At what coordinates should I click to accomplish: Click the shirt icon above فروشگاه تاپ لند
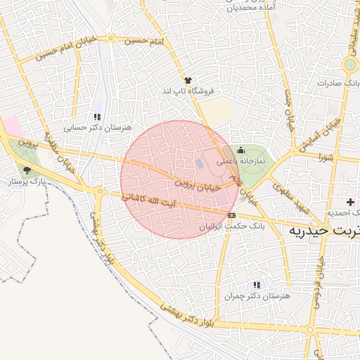click(187, 81)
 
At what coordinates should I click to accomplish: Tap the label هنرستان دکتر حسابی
click(98, 128)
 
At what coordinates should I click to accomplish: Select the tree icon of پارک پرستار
click(27, 170)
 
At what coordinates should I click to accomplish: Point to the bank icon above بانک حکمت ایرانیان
click(231, 215)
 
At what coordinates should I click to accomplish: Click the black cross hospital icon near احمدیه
click(349, 202)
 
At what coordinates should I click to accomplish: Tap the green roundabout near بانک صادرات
click(349, 65)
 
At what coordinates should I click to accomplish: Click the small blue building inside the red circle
click(199, 164)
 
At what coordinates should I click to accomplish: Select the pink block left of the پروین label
click(12, 127)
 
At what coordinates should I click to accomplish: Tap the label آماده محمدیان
click(250, 8)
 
